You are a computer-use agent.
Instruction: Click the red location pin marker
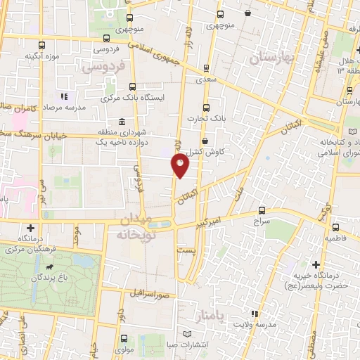pos(181,166)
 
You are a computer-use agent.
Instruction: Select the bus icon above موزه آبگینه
pos(41,45)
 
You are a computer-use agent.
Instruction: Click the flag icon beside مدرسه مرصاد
pos(64,96)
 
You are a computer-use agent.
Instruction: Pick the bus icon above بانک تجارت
pos(206,108)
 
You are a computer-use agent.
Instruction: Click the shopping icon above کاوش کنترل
pos(204,141)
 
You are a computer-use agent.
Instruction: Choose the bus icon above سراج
pos(262,210)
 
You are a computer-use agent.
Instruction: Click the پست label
pos(186,250)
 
